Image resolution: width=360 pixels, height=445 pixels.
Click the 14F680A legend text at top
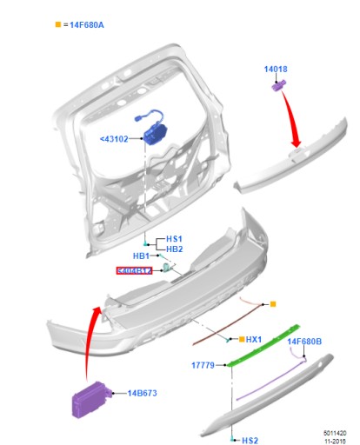click(x=85, y=25)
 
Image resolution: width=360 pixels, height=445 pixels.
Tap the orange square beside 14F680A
click(x=58, y=25)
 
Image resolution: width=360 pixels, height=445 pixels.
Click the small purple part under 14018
click(x=280, y=84)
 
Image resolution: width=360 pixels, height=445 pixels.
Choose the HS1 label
click(x=175, y=238)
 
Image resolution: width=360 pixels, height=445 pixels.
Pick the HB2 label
click(x=175, y=249)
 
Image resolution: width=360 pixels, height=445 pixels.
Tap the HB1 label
click(x=142, y=256)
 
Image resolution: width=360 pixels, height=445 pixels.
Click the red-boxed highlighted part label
click(x=134, y=271)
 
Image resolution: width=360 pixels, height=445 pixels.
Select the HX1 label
click(x=254, y=339)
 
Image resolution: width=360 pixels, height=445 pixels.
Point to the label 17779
click(x=203, y=365)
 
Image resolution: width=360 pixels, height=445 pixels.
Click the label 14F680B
click(x=304, y=342)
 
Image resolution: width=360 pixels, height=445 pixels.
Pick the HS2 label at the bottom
click(x=250, y=441)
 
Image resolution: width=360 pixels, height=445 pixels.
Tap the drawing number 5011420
click(x=335, y=431)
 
